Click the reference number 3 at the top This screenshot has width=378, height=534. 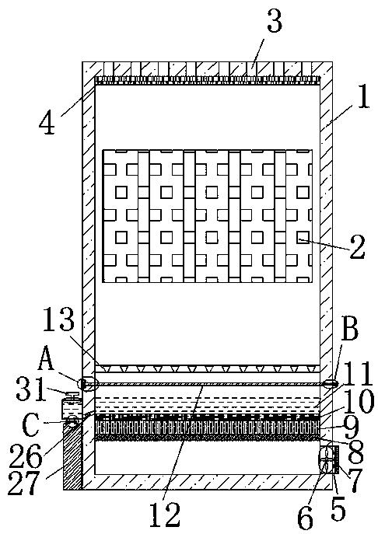tap(275, 21)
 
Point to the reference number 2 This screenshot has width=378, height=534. tap(358, 247)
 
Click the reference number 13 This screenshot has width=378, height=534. tap(58, 319)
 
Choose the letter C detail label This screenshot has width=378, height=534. tap(30, 425)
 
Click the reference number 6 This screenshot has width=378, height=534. tap(305, 518)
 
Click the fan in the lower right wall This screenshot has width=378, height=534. tap(327, 460)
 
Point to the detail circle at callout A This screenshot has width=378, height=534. tap(84, 384)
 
